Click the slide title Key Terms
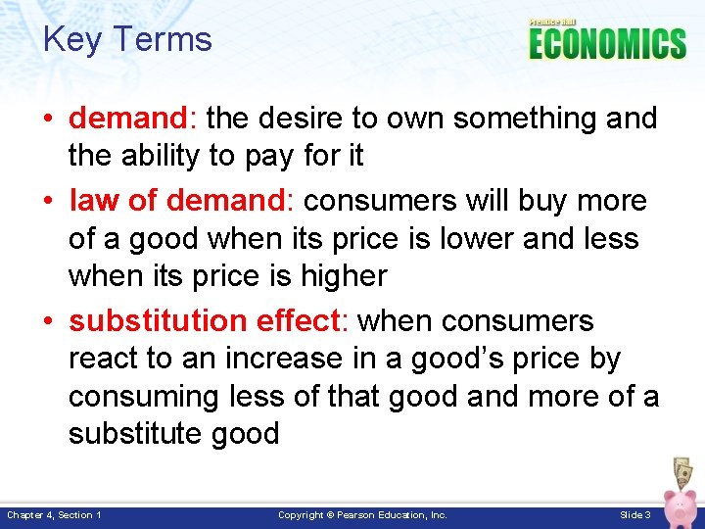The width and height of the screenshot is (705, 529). pos(127,40)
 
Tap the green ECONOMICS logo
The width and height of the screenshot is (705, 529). pos(607,45)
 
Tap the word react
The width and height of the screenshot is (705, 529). pos(103,359)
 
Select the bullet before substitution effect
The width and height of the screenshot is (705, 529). pos(49,321)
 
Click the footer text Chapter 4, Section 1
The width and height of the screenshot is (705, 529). pos(54,514)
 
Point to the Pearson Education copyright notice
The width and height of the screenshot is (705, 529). pos(362,514)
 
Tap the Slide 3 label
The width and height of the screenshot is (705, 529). pos(635,514)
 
